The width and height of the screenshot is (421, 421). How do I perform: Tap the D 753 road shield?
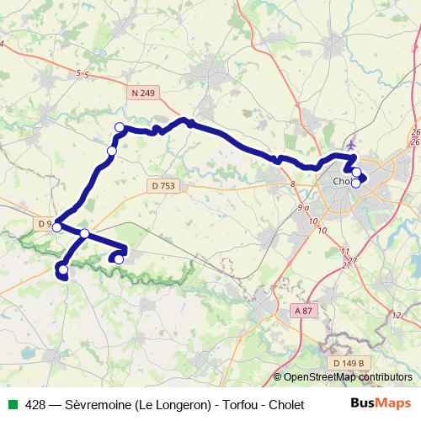(163, 184)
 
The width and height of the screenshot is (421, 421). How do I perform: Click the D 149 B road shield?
(348, 363)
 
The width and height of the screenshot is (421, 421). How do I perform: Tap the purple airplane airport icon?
(350, 144)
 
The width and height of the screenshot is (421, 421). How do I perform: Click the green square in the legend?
(11, 404)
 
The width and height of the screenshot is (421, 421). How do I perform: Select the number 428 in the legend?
(35, 404)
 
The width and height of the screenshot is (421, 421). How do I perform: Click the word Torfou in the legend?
(238, 404)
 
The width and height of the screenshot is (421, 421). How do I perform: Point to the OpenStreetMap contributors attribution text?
(348, 377)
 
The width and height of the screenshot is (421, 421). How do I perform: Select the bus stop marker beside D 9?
(57, 226)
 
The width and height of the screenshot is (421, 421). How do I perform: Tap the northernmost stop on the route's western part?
(120, 128)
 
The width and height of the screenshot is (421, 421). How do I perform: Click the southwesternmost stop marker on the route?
(63, 269)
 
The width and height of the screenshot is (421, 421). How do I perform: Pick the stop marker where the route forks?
(85, 233)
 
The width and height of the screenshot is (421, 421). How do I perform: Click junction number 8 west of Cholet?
(292, 183)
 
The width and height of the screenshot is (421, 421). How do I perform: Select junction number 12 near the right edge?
(397, 314)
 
